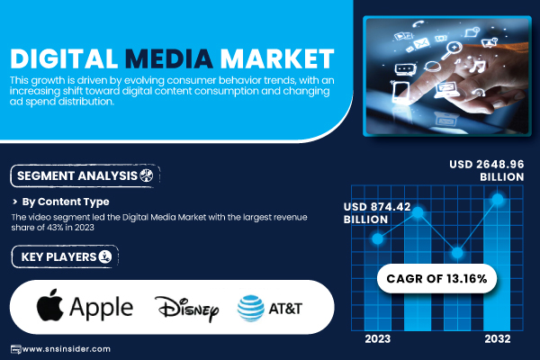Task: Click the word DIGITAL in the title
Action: tap(64, 58)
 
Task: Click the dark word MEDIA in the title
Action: tap(169, 58)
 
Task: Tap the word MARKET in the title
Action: tap(277, 58)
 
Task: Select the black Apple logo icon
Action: tap(50, 305)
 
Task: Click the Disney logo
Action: tap(186, 309)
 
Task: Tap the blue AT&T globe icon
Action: tap(251, 309)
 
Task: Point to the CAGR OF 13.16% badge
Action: tap(436, 278)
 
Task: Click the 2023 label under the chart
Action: tap(378, 339)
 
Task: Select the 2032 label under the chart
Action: tap(498, 339)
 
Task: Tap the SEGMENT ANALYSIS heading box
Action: tap(85, 176)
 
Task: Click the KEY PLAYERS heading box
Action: tap(65, 256)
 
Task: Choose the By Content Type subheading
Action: tap(66, 202)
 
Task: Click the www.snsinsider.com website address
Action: tap(66, 349)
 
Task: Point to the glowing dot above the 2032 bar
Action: tap(498, 199)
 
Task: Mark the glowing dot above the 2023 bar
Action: tap(378, 238)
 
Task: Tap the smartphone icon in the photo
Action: tap(400, 93)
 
